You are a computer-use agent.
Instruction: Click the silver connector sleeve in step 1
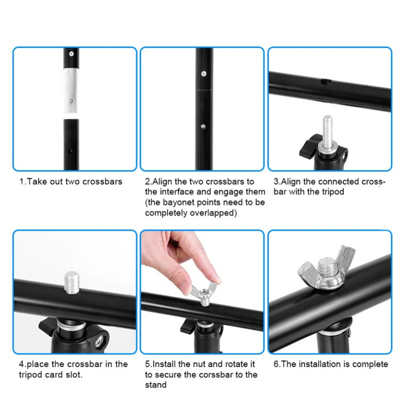pos(71,90)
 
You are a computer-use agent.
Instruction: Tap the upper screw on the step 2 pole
pos(204,74)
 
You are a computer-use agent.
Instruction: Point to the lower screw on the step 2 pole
pos(203,127)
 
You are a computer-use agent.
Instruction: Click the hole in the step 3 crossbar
pos(326,82)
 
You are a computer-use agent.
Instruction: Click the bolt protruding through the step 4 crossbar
pos(72,282)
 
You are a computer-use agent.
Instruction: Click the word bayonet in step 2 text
pos(179,202)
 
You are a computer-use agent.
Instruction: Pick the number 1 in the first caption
pos(22,182)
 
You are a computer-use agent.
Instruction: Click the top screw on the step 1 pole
pos(71,54)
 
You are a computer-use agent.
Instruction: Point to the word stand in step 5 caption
pos(156,385)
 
